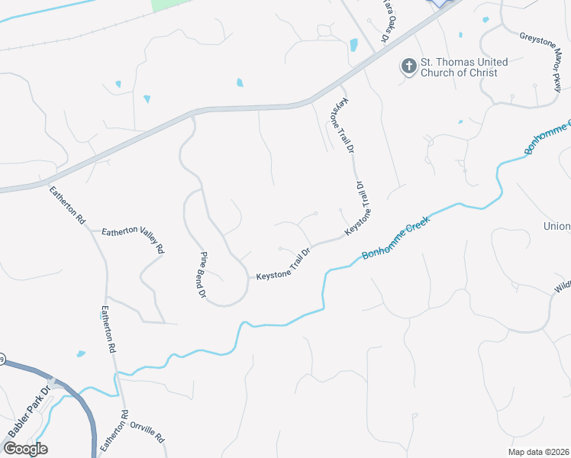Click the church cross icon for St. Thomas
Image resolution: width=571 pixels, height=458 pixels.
click(409, 66)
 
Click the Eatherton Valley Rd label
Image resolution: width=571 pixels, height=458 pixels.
click(133, 237)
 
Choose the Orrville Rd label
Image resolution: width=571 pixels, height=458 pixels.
click(147, 432)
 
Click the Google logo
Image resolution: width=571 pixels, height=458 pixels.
click(24, 448)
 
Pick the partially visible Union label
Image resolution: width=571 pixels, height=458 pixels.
click(556, 226)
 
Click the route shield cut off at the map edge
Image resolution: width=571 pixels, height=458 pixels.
click(2, 359)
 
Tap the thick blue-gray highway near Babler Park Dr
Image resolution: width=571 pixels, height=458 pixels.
click(85, 412)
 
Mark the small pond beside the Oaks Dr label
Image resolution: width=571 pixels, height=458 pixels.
click(353, 44)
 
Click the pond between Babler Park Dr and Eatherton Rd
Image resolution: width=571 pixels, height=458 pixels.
click(81, 353)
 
